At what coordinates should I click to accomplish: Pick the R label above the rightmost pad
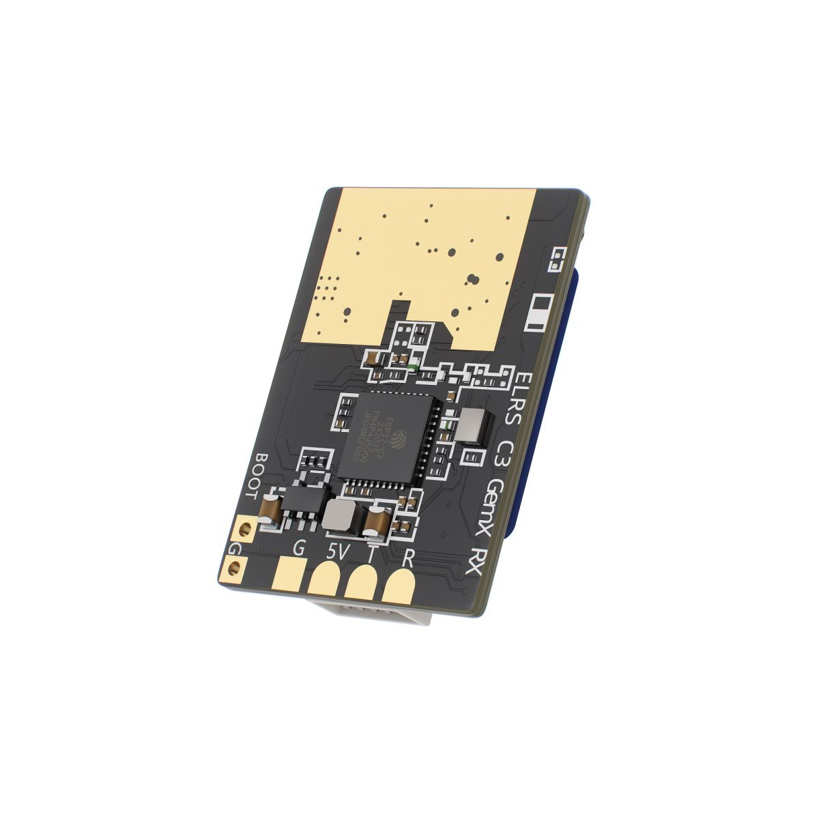pyautogui.click(x=408, y=559)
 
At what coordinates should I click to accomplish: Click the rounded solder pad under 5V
pyautogui.click(x=325, y=580)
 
